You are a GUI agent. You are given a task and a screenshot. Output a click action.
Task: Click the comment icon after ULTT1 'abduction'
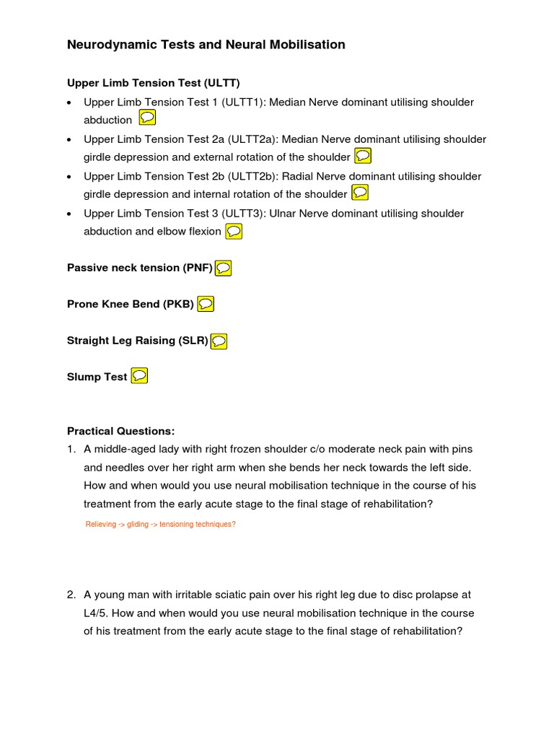pyautogui.click(x=147, y=118)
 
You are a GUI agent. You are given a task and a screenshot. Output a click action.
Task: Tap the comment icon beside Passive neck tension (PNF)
pyautogui.click(x=224, y=268)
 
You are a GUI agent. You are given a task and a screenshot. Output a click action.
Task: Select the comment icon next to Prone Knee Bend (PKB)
pyautogui.click(x=206, y=304)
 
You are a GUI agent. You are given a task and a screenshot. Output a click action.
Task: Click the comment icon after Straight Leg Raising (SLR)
pyautogui.click(x=219, y=341)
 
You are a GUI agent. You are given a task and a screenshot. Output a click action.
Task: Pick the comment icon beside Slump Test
pyautogui.click(x=140, y=376)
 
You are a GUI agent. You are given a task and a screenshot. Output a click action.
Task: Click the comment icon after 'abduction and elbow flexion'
pyautogui.click(x=234, y=231)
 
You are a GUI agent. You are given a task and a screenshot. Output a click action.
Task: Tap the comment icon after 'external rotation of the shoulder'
pyautogui.click(x=364, y=156)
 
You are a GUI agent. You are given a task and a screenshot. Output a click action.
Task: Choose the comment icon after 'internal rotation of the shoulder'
pyautogui.click(x=360, y=193)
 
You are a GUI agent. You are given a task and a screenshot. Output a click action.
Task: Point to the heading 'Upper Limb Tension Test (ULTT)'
pyautogui.click(x=153, y=84)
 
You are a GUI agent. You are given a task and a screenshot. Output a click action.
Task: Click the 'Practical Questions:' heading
pyautogui.click(x=120, y=431)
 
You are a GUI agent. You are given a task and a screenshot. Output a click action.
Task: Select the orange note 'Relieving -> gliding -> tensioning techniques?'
pyautogui.click(x=160, y=524)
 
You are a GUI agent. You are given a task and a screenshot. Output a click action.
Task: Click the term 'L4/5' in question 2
pyautogui.click(x=98, y=613)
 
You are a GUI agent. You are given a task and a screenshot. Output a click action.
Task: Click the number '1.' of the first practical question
pyautogui.click(x=71, y=449)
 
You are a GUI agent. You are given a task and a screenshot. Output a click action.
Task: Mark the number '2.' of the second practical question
pyautogui.click(x=71, y=595)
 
